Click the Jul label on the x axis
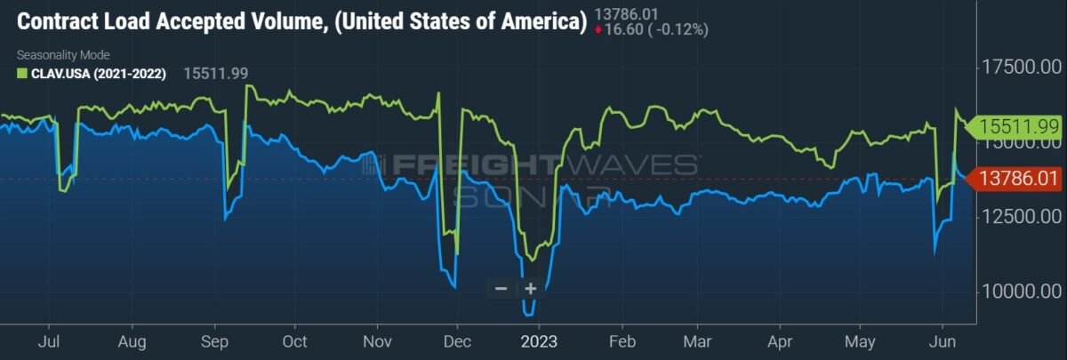pos(49,341)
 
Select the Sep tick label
pos(214,341)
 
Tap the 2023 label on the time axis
pos(539,341)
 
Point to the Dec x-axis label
pos(457,341)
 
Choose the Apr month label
pos(780,341)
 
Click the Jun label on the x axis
pos(943,341)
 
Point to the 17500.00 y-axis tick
pos(1022,68)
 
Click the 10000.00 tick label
pos(1022,291)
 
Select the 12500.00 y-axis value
pos(1022,217)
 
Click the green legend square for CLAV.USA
pos(22,73)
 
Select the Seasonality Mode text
pos(63,55)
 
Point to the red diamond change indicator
pos(598,30)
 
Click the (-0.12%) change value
pos(678,29)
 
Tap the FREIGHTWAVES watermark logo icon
pos(373,164)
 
